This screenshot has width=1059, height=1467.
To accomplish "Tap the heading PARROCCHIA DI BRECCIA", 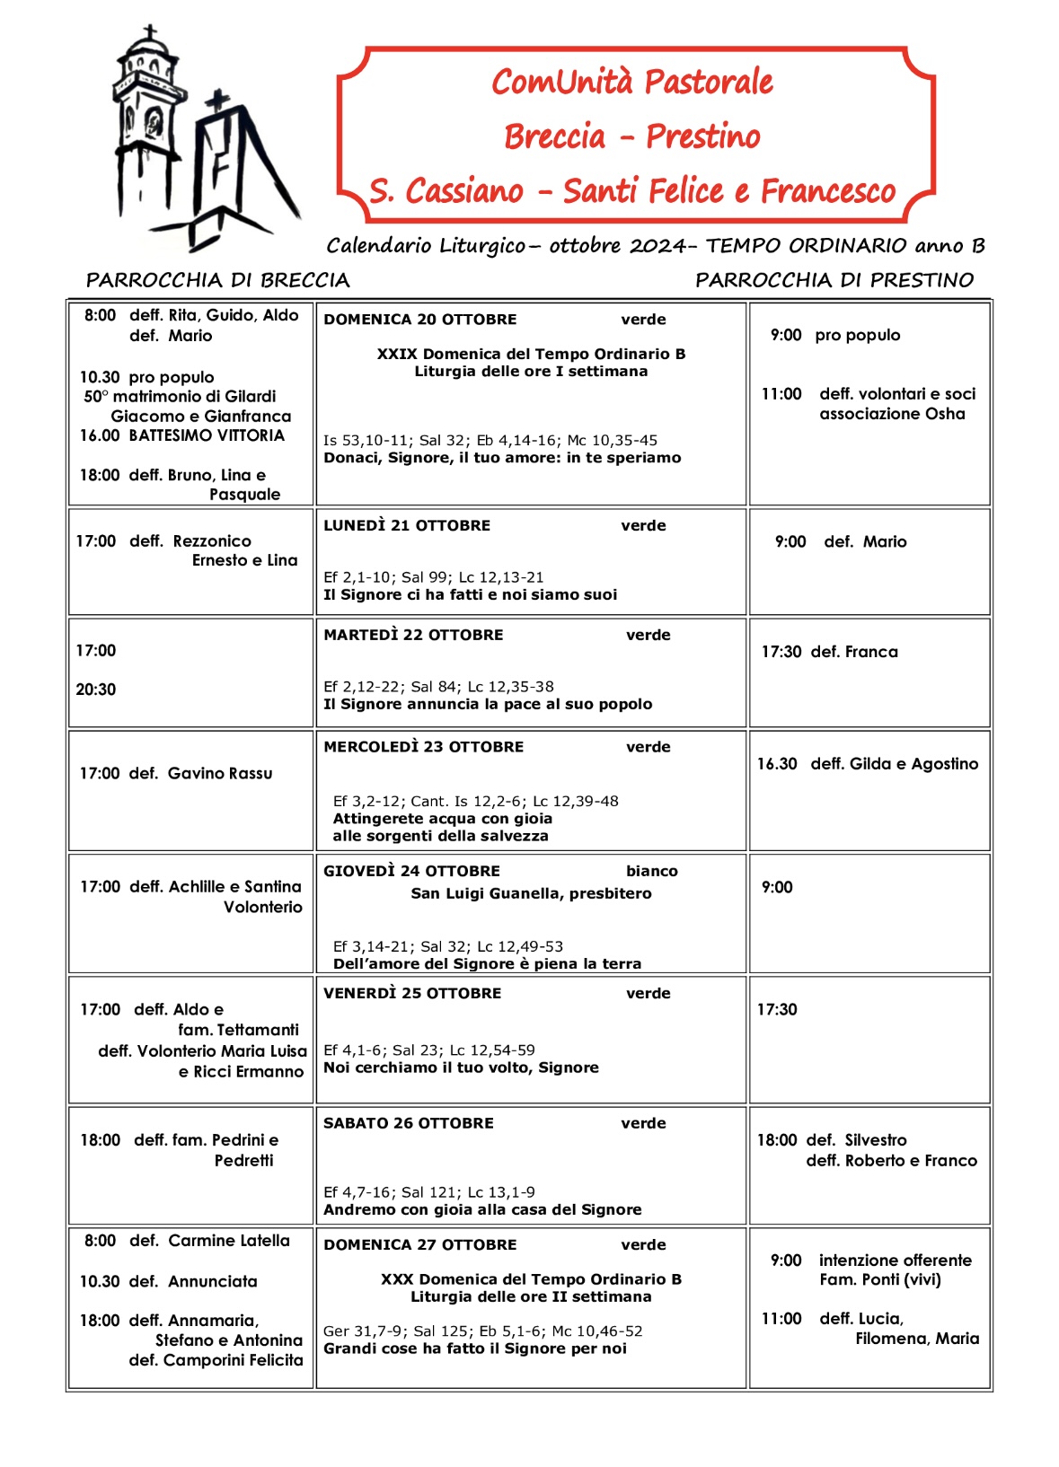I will [217, 280].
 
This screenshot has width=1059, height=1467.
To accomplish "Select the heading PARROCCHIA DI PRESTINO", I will [834, 280].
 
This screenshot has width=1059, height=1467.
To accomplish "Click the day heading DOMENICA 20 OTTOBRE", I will [419, 320].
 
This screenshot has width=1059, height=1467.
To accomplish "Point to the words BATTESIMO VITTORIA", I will [207, 435].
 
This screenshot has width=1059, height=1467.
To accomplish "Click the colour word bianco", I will [651, 871].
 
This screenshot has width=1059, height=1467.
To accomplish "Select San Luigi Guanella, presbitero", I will [531, 893].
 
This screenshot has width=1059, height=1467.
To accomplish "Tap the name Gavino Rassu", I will [220, 773].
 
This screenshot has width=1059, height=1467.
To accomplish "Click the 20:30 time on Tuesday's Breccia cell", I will [96, 690].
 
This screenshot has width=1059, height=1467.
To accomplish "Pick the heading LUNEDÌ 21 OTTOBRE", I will [407, 525].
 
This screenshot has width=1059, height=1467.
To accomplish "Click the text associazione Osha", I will [892, 414].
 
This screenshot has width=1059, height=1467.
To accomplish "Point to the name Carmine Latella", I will [229, 1241].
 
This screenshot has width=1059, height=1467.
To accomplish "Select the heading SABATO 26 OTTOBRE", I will [408, 1123].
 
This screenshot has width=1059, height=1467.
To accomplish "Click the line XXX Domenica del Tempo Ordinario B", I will [531, 1279].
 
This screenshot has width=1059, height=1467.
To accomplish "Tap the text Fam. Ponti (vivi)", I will [879, 1279].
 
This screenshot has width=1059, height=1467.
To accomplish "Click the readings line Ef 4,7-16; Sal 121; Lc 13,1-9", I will [428, 1192].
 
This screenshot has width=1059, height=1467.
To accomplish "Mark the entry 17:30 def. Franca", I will [829, 652].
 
